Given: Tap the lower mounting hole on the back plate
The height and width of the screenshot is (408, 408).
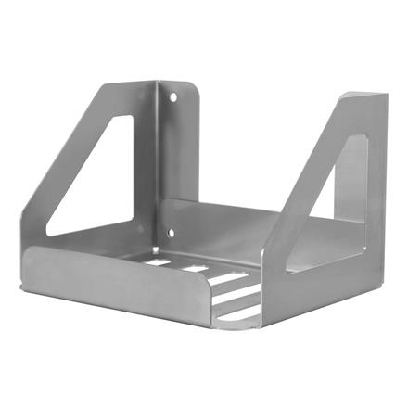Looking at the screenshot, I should click(170, 234).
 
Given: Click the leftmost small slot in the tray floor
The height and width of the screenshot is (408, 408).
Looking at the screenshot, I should click(158, 262).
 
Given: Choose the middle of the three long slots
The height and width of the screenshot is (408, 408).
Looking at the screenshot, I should click(237, 294).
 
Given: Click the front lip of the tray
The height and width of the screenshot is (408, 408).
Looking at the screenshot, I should click(111, 283).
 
